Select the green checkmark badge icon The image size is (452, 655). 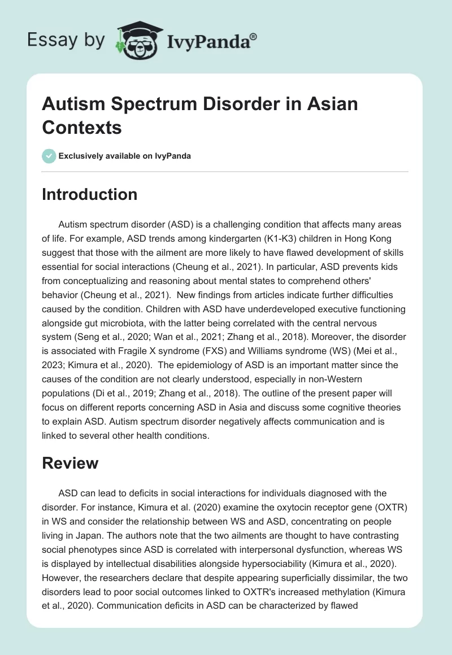tap(49, 156)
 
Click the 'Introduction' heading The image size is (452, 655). tap(89, 194)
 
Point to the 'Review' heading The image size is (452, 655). tap(70, 463)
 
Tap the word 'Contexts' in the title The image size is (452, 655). tap(82, 128)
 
